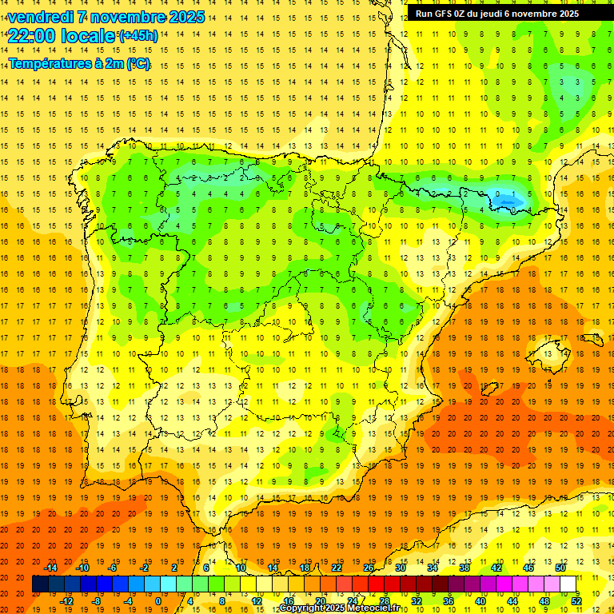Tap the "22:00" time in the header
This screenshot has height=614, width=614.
(x=30, y=36)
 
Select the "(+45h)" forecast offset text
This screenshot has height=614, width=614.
(x=138, y=36)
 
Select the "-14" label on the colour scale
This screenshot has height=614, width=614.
(x=52, y=568)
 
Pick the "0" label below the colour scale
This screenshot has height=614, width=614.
(x=158, y=600)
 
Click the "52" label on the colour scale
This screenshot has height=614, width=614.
(x=577, y=600)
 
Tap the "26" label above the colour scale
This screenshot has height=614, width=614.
(x=369, y=568)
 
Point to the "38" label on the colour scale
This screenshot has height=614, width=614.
(x=464, y=568)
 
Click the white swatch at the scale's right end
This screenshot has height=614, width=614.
(x=568, y=584)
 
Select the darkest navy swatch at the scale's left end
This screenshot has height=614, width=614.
(x=40, y=584)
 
